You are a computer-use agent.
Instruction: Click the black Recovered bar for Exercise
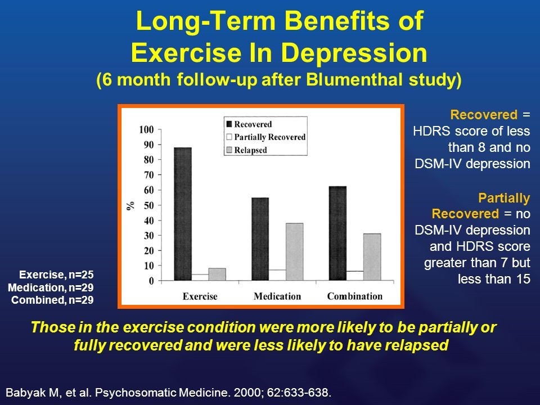[x=183, y=214]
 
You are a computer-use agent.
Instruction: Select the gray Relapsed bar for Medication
[x=294, y=251]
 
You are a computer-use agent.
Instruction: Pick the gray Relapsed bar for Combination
[x=372, y=256]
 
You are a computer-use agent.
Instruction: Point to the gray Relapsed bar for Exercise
[x=217, y=274]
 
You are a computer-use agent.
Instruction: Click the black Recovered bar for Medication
[x=260, y=238]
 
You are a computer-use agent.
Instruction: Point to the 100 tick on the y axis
[x=146, y=129]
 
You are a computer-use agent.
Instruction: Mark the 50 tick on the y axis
[x=148, y=205]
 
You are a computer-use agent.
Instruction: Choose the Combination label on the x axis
[x=354, y=296]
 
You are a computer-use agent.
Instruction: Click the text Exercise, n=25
[x=56, y=275]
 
